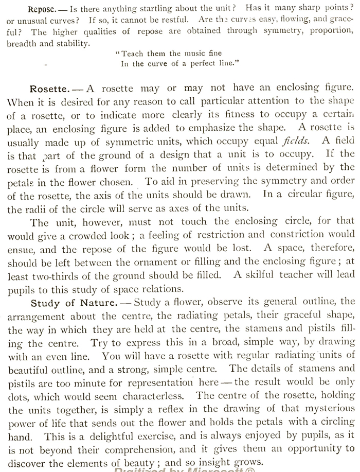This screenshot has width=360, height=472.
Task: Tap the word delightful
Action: tap(117, 435)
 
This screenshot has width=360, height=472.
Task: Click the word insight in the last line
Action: tap(218, 462)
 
